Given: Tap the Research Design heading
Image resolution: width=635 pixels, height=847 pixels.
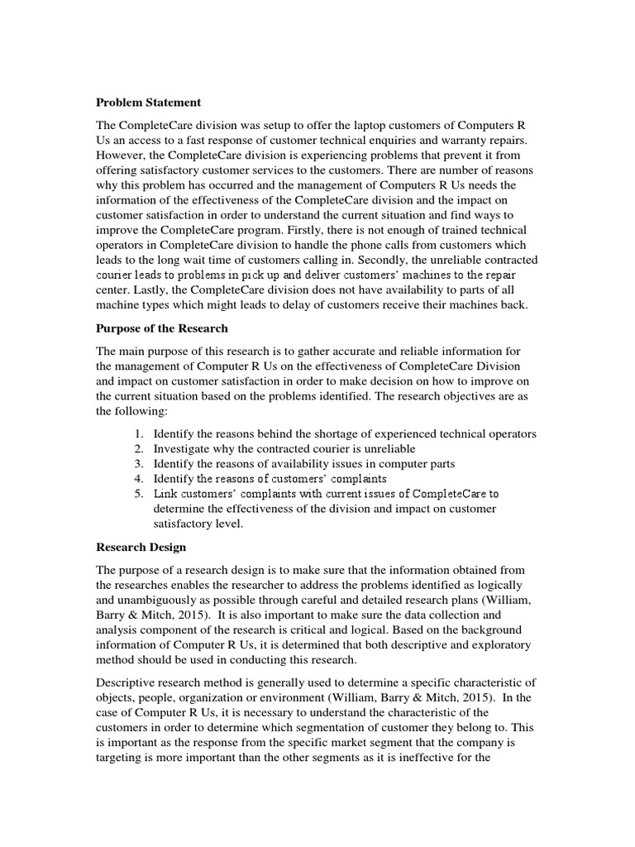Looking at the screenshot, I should (x=141, y=547).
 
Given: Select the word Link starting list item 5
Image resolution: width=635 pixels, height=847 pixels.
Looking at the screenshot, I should (x=165, y=494).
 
